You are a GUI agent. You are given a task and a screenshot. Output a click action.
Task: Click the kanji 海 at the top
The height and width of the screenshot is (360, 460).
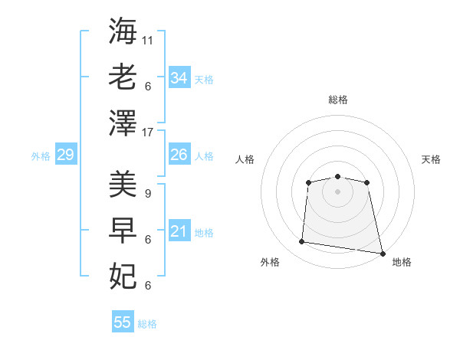point(123,31)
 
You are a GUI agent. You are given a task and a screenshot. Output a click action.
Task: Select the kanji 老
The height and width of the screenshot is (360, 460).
point(123,77)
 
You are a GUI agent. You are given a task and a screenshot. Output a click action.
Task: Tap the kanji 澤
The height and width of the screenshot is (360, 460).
point(123,123)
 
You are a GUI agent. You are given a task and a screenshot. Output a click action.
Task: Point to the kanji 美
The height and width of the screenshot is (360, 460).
point(123,184)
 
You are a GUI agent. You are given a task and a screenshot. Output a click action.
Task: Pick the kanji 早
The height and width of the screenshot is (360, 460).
point(123,230)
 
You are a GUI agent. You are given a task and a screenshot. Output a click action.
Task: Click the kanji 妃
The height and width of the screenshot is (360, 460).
point(123,277)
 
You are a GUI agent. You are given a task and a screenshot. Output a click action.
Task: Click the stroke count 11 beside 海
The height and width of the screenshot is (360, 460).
point(147,41)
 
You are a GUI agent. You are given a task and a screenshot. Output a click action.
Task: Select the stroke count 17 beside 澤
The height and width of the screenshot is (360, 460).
point(147,133)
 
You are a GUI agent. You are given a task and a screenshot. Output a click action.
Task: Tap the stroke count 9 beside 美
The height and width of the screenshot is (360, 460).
point(148,194)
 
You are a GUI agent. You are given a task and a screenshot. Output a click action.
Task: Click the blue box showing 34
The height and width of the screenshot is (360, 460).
point(179,77)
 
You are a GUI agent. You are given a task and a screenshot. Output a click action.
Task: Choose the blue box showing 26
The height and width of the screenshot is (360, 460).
point(179,154)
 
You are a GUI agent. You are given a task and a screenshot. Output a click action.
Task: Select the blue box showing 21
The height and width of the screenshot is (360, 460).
point(179,230)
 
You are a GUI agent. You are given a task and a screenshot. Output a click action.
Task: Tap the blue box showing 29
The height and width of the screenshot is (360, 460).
point(66,154)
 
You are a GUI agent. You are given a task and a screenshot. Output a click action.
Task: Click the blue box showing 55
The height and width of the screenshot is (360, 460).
point(123,321)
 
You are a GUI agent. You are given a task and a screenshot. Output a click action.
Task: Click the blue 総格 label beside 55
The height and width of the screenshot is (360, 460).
point(147,324)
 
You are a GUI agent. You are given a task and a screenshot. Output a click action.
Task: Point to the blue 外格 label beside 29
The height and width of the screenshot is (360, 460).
point(41,156)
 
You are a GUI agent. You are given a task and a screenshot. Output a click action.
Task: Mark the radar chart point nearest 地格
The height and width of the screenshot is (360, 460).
point(383,254)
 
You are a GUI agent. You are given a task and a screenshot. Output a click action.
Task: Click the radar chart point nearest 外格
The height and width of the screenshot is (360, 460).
point(301,241)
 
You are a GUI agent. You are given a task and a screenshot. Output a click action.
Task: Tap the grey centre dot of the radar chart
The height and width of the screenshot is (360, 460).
point(337,192)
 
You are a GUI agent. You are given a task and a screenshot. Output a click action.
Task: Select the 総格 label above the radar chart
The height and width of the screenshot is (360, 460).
point(338,100)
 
